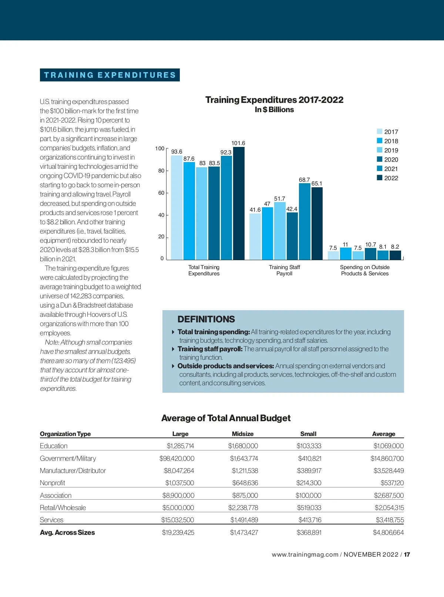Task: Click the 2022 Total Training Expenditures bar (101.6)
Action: tap(239, 204)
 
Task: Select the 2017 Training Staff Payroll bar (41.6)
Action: tap(255, 237)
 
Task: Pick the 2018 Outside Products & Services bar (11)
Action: tap(346, 254)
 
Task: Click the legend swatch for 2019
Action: tap(380, 150)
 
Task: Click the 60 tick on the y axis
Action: tap(161, 193)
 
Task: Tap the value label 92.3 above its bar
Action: tap(226, 152)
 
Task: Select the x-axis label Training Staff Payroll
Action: tap(284, 270)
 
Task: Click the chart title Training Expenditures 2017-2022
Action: tap(274, 100)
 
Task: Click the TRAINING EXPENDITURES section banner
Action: tap(110, 75)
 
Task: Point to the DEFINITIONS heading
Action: tap(206, 319)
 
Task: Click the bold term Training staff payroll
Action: tap(210, 349)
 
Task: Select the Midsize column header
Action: tap(243, 434)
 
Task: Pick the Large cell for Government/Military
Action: tap(177, 459)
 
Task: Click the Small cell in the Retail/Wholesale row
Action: tap(309, 508)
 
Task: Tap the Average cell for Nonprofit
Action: tap(392, 483)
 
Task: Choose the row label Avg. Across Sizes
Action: tap(67, 533)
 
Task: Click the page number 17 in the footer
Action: tap(407, 554)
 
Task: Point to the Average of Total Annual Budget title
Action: tap(226, 418)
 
